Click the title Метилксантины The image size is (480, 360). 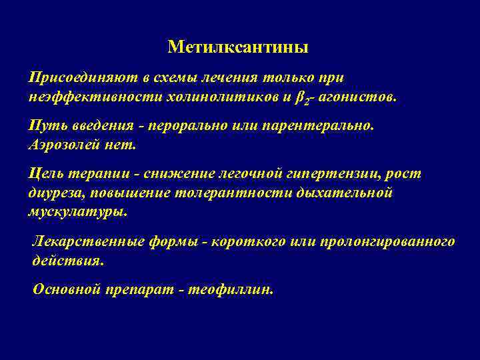238,47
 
